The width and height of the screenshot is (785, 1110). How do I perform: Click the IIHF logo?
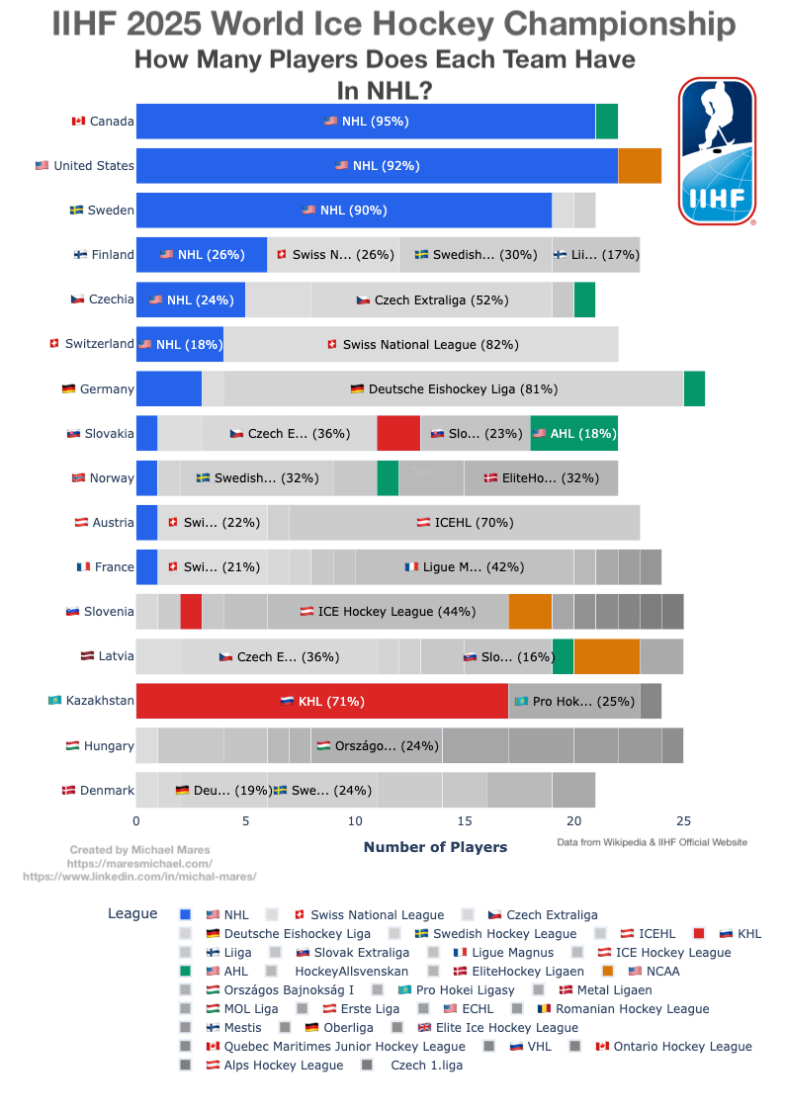coord(717,151)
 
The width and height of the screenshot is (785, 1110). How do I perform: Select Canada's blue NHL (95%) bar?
coord(366,122)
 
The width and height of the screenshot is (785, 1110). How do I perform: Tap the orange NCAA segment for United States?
coord(640,166)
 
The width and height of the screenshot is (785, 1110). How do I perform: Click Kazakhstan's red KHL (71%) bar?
coord(322,701)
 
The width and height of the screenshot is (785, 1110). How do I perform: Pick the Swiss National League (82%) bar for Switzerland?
coord(421,344)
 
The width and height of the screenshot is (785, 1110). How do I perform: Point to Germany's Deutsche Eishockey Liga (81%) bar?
coord(454,388)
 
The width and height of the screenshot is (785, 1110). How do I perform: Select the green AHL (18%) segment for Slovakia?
coord(574,433)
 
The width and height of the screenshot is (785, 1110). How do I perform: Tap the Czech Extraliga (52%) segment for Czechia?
coord(431,299)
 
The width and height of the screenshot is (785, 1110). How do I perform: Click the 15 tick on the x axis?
coord(465,820)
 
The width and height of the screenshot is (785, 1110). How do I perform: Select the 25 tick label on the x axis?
coord(683,820)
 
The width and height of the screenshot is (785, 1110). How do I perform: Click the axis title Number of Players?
coord(435,847)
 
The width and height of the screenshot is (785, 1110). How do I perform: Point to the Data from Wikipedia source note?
coord(652,842)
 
